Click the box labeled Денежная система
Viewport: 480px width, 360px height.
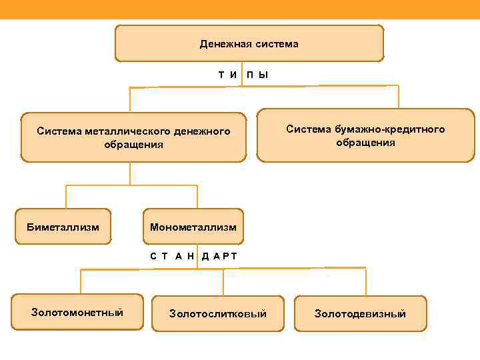pos(249,43)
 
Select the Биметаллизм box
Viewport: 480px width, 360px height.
pos(63,227)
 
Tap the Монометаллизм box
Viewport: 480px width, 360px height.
pos(193,227)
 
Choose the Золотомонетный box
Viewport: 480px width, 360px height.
pos(77,312)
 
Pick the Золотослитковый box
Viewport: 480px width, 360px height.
pos(218,313)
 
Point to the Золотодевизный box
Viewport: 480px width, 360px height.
pos(360,313)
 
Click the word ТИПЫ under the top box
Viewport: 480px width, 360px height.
pos(243,74)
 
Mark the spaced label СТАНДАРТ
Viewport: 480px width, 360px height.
pos(193,256)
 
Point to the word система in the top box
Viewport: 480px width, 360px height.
pos(276,44)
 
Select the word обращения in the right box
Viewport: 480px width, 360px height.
pos(365,142)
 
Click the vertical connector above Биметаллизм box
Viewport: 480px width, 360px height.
pos(66,197)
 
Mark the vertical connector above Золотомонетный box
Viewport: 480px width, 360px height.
pos(81,281)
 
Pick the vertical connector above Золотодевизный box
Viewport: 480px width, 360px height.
pos(365,281)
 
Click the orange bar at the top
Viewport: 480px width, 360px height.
pos(240,9)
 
